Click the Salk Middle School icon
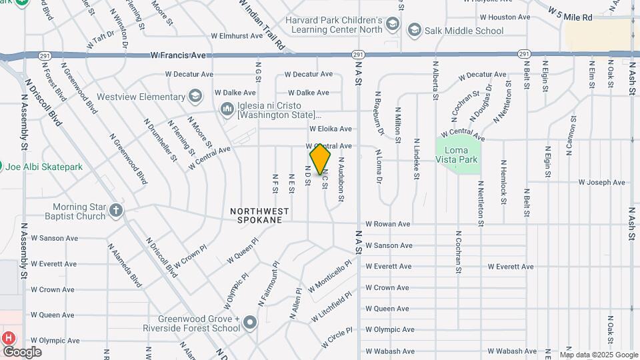[415, 31]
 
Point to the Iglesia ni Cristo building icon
[227, 108]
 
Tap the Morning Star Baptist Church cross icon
[117, 211]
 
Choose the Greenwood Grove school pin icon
[250, 323]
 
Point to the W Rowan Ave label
[387, 224]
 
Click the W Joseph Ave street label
[601, 182]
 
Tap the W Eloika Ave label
[330, 129]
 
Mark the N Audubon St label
[341, 179]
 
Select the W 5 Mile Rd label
[570, 15]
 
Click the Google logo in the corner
[22, 352]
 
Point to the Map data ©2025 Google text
[598, 355]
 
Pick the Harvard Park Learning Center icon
[393, 25]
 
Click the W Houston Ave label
[505, 17]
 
